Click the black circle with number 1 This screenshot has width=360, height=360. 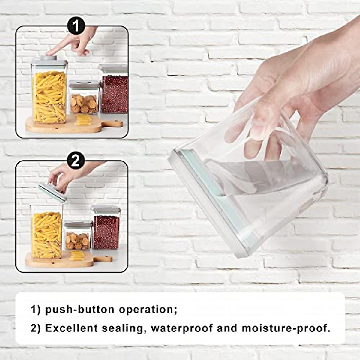(x=76, y=26)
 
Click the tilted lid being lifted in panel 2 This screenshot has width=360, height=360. (x=52, y=192)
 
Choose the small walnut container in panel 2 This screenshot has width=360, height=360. (x=78, y=237)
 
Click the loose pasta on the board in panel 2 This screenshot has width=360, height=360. (x=77, y=256)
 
